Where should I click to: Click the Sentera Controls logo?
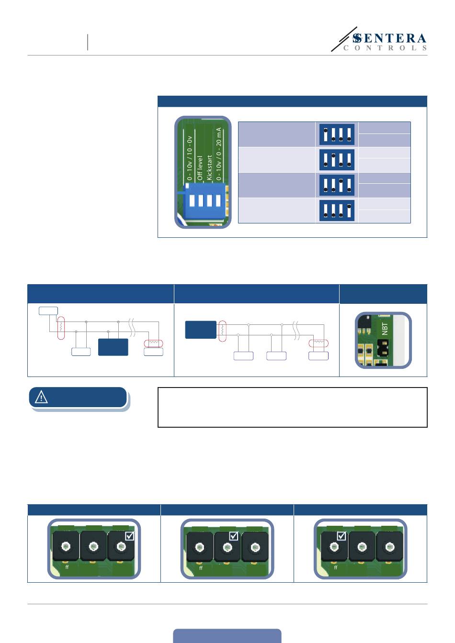[378, 39]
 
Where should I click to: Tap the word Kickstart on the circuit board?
[209, 167]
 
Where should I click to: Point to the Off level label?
[200, 168]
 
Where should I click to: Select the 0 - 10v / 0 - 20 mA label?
[219, 154]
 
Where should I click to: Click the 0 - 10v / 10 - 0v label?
[189, 158]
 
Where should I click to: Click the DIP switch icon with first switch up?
[337, 134]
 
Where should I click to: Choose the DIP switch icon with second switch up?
[337, 160]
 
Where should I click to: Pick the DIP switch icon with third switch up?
[337, 185]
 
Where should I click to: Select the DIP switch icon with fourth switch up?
[337, 211]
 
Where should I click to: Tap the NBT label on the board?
[385, 329]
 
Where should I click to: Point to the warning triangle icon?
[41, 397]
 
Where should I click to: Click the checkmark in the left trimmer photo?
[130, 536]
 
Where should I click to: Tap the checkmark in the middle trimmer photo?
[233, 536]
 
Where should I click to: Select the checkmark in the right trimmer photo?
[341, 536]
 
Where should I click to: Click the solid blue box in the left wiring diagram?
[113, 347]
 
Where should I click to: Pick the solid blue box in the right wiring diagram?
[201, 330]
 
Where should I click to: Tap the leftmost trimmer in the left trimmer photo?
[66, 546]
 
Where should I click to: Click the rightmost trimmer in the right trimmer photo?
[389, 546]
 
